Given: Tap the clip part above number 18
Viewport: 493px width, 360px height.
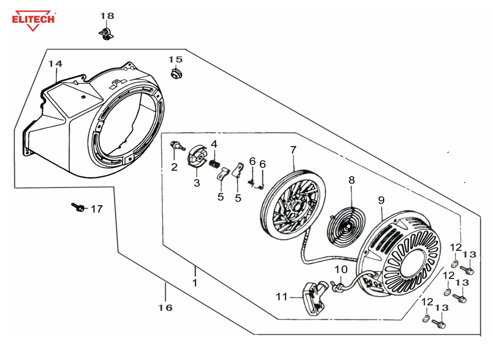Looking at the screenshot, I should click(x=106, y=33).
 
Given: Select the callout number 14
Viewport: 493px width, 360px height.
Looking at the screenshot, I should click(x=55, y=64).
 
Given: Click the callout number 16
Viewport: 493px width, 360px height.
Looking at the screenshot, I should click(x=166, y=307).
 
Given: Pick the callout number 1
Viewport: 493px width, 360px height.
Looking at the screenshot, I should click(x=195, y=283).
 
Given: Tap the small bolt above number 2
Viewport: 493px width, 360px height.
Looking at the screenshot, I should click(x=177, y=146).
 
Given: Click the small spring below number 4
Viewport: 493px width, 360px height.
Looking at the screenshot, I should click(x=214, y=163).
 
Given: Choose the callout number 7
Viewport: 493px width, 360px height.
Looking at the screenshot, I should click(x=293, y=149).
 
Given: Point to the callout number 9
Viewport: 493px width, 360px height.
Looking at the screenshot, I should click(x=381, y=200).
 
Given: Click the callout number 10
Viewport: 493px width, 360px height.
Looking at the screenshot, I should click(x=341, y=269).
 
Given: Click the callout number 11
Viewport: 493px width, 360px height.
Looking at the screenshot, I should click(x=281, y=297).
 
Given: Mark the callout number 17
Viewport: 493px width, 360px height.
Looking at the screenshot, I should click(x=96, y=209).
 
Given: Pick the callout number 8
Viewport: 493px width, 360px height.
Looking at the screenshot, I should click(x=351, y=180).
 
